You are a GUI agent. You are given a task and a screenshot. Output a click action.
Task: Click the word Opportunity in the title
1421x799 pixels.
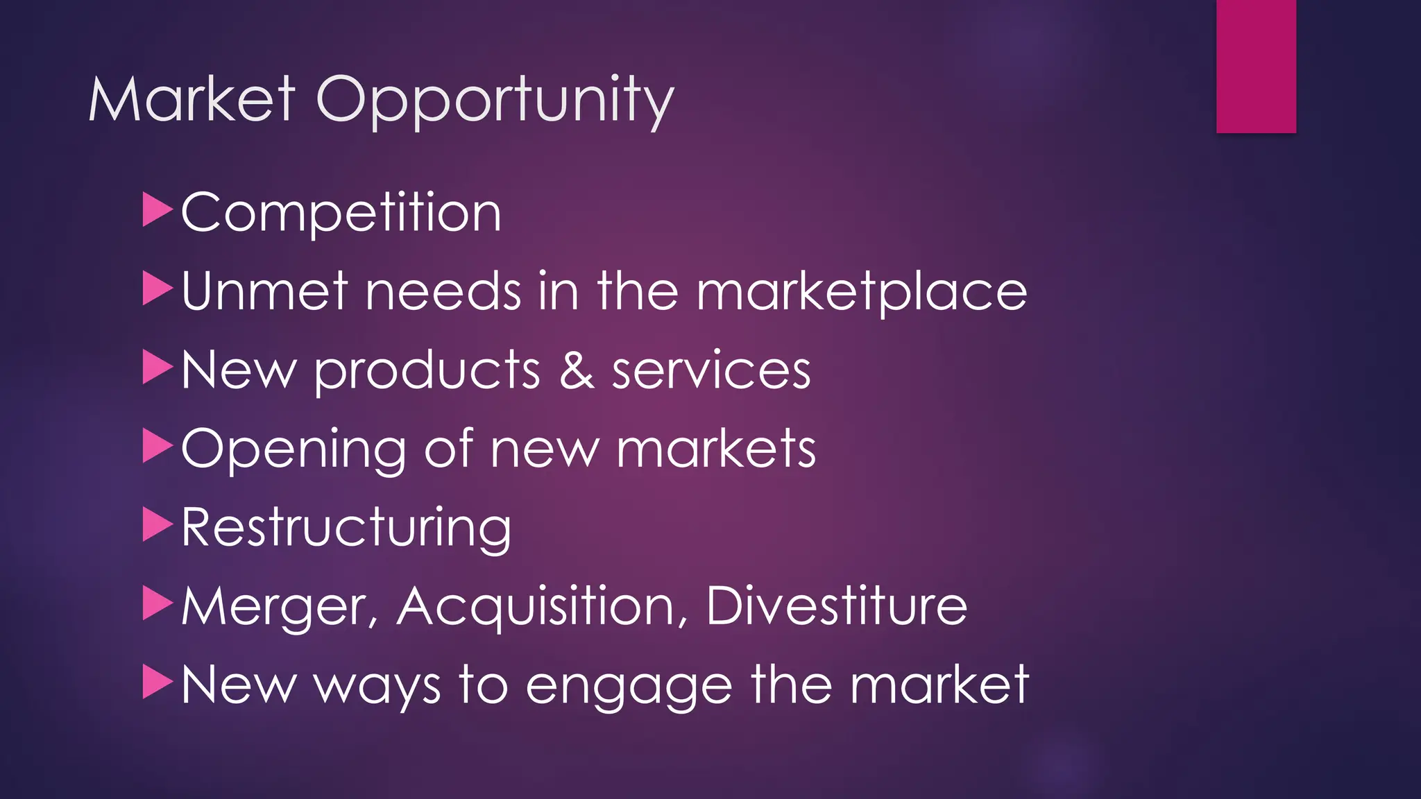495,102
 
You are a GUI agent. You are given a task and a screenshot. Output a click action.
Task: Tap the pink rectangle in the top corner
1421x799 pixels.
1256,66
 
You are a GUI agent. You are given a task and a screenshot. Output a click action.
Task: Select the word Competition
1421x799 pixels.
341,212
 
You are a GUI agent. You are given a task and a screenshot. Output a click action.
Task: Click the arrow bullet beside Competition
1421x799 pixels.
157,209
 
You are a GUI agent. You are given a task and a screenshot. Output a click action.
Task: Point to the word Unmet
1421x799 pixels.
264,291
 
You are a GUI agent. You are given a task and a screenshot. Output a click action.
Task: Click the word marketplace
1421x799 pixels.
861,292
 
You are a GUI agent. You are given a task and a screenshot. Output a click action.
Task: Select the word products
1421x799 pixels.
427,371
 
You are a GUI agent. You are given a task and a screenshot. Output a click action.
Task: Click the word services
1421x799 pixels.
711,371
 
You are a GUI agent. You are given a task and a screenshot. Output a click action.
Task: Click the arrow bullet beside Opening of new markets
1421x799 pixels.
157,446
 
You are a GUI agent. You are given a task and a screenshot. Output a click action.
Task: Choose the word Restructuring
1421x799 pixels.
346,529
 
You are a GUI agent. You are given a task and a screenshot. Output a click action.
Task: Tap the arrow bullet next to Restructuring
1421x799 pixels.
157,524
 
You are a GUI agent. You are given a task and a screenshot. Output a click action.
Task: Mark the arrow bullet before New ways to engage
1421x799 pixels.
157,682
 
